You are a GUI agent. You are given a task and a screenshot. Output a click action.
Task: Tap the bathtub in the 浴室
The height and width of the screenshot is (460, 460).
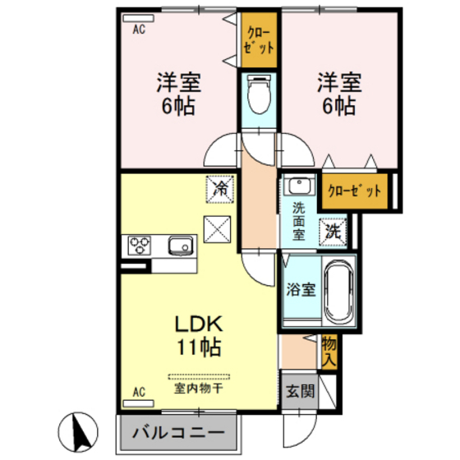338,292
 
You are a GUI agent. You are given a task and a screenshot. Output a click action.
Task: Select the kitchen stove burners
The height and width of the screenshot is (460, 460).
138,245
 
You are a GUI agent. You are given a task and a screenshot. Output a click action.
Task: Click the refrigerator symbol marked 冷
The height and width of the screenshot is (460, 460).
220,189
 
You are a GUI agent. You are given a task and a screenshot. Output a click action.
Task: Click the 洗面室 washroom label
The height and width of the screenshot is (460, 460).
298,220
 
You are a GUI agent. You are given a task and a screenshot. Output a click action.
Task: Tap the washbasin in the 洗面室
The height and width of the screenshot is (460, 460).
299,186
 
